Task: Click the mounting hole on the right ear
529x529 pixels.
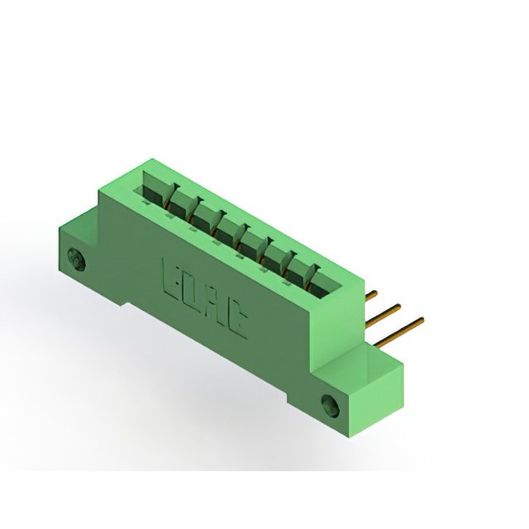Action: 331,406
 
